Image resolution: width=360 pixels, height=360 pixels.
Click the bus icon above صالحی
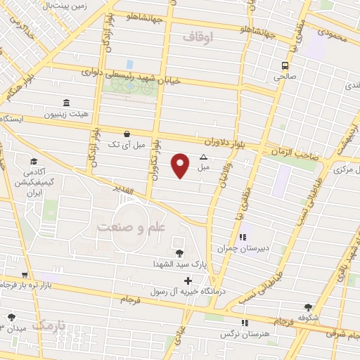[285, 66]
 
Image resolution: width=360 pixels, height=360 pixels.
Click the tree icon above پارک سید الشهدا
[179, 253]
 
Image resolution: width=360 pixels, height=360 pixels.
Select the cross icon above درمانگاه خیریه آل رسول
[188, 281]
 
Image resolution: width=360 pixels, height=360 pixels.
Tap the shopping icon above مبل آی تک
[126, 134]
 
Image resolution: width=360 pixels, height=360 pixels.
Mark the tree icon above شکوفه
[308, 307]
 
